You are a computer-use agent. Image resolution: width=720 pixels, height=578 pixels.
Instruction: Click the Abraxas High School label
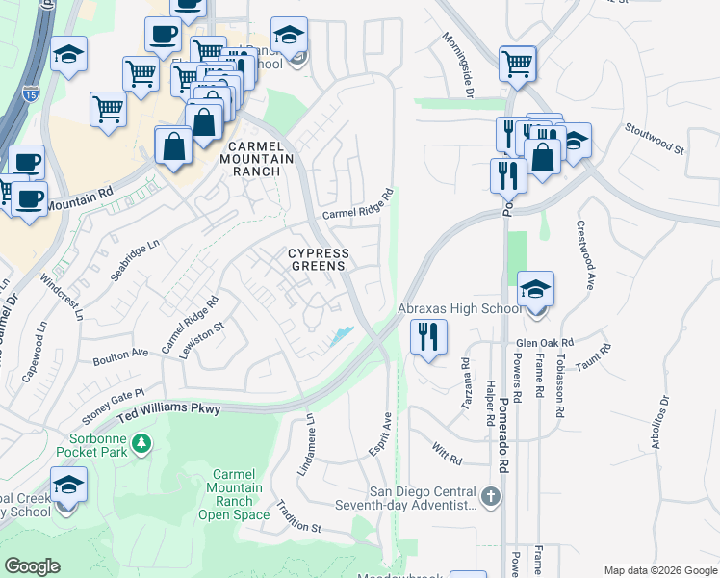460,309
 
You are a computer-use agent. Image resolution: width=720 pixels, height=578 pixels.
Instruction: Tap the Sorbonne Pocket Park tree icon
141,443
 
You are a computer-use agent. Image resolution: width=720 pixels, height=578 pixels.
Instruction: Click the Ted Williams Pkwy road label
169,408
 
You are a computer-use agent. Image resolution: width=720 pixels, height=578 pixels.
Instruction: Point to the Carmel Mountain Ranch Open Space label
234,494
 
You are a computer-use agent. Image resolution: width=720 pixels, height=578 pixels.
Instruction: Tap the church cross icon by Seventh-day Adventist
491,497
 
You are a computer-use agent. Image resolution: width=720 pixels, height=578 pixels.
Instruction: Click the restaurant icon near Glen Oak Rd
428,337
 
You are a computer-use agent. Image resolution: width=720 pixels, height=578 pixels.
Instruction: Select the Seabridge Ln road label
134,260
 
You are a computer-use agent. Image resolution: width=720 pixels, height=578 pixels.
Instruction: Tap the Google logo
33,566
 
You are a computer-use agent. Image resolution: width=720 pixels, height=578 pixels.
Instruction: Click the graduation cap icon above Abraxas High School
535,289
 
